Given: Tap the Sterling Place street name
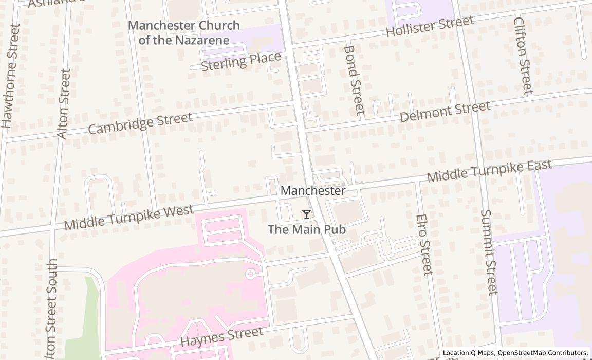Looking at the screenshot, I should [x=241, y=62].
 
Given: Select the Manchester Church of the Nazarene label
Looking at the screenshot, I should [x=184, y=32].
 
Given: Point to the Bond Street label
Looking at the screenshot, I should [x=354, y=80].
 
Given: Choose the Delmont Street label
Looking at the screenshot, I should [x=445, y=112].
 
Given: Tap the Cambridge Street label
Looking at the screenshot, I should [x=140, y=123].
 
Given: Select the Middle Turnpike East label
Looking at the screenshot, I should [x=489, y=171].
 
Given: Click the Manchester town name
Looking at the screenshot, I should [x=313, y=191].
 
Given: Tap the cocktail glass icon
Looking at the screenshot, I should [x=307, y=214].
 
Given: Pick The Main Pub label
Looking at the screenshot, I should [x=307, y=229].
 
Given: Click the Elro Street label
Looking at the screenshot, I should [x=424, y=244].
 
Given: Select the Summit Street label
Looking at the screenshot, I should [x=489, y=252].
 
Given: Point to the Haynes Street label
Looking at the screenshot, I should [x=221, y=336].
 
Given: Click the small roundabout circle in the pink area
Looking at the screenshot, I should [x=251, y=275].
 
